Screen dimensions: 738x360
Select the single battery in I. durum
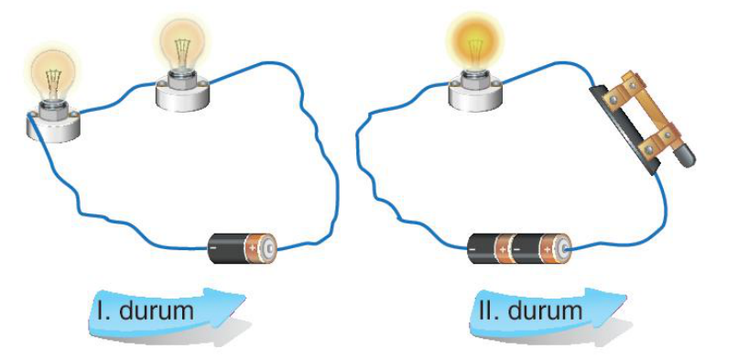[x=242, y=247]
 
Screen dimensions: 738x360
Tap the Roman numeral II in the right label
[x=487, y=311]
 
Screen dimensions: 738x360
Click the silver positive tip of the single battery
[x=270, y=247]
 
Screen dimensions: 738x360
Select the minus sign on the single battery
[x=214, y=246]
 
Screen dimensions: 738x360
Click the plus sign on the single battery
[x=254, y=247]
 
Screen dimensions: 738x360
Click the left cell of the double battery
[x=490, y=247]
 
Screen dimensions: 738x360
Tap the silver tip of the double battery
[x=563, y=248]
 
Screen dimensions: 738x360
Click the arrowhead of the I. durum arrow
[x=230, y=302]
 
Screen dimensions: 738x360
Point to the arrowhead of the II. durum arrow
[x=611, y=301]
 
